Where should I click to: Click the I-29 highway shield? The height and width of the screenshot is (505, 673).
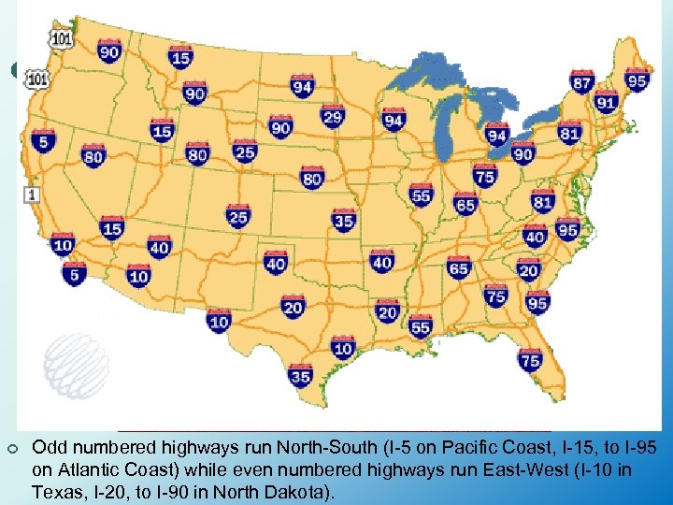click(x=332, y=117)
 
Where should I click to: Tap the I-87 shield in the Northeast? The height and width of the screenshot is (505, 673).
click(x=582, y=83)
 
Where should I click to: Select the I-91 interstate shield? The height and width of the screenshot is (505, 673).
click(x=607, y=103)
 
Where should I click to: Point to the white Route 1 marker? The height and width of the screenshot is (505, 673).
click(x=33, y=195)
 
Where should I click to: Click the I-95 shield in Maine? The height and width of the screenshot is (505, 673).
click(x=637, y=79)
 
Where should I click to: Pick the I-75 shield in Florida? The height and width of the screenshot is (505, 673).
click(x=530, y=360)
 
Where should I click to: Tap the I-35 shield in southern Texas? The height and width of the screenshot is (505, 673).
click(x=301, y=377)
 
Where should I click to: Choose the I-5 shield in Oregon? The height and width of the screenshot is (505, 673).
click(x=42, y=141)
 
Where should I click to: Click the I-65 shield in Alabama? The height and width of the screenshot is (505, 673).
click(x=458, y=269)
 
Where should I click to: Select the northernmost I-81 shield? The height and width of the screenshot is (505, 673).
click(x=569, y=133)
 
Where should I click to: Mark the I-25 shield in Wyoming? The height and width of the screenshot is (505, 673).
click(x=245, y=151)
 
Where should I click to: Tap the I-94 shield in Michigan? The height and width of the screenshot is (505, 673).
click(x=496, y=137)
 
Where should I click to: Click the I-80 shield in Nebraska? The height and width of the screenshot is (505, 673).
click(x=312, y=178)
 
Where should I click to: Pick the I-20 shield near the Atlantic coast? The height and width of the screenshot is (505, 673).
click(x=529, y=271)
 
